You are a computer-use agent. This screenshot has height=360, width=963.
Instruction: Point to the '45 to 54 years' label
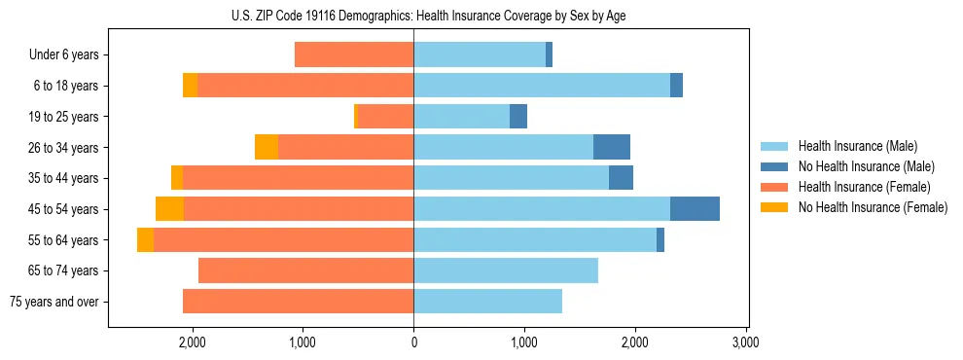click(x=64, y=209)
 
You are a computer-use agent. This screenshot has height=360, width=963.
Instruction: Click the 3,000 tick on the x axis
click(x=745, y=342)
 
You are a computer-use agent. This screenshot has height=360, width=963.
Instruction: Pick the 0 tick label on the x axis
click(x=413, y=342)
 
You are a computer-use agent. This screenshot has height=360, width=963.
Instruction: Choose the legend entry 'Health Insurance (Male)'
click(x=857, y=146)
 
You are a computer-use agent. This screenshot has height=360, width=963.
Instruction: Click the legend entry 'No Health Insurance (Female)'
click(x=873, y=207)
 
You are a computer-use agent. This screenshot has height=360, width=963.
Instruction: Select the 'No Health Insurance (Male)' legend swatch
click(x=774, y=166)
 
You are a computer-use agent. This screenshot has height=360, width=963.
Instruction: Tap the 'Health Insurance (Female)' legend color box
click(x=774, y=187)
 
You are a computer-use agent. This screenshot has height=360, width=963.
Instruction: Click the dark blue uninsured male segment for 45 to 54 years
click(x=695, y=209)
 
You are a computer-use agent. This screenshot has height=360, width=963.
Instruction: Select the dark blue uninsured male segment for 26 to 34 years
click(x=612, y=147)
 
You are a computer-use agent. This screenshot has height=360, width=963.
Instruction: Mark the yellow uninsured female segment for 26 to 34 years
click(x=267, y=147)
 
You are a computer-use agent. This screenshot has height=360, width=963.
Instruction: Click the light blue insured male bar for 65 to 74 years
click(x=506, y=270)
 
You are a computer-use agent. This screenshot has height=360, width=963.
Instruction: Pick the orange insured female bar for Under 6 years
click(x=354, y=55)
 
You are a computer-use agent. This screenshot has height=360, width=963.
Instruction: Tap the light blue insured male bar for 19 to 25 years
click(x=462, y=117)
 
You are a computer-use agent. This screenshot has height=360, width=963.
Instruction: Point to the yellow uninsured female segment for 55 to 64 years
click(x=145, y=240)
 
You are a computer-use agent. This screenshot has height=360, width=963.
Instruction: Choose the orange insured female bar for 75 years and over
click(x=298, y=302)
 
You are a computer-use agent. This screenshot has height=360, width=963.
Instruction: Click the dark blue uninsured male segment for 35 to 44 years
click(x=621, y=178)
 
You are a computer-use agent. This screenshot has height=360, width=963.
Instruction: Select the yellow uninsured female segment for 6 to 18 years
click(x=190, y=86)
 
